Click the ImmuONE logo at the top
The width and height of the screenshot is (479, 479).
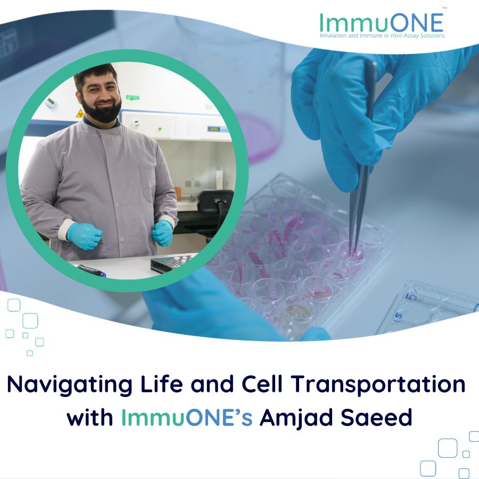click(x=382, y=25)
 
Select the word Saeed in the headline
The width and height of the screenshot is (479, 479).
click(x=376, y=417)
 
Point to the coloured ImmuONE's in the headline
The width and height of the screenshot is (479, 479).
click(x=187, y=417)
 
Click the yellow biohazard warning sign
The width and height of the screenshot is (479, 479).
click(x=80, y=114)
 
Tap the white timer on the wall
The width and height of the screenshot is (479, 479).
click(x=50, y=102)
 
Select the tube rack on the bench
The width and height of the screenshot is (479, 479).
click(x=171, y=263)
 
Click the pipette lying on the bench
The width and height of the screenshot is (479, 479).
click(x=91, y=271)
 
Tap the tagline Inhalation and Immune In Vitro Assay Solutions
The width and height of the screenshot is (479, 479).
click(x=382, y=36)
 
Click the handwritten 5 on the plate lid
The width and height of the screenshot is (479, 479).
click(x=410, y=296)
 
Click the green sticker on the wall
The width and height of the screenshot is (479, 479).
click(x=133, y=98)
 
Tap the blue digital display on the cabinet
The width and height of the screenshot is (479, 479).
click(x=214, y=129)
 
